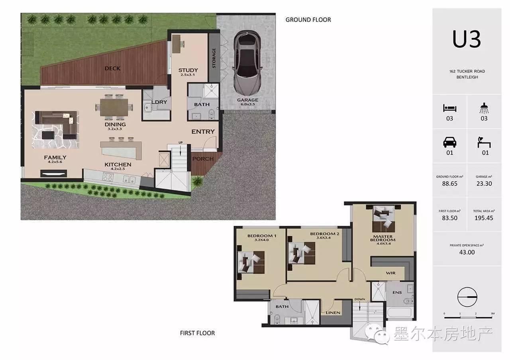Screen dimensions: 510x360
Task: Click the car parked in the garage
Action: tap(247, 63)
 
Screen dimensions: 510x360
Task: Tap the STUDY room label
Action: tap(188, 70)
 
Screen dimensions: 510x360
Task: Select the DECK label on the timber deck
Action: tap(112, 68)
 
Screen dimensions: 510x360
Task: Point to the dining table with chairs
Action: tap(114, 107)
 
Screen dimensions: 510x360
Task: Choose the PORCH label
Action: tap(203, 159)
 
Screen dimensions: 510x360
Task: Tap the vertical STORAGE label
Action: tap(214, 58)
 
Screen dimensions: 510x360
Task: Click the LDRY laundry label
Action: tap(159, 102)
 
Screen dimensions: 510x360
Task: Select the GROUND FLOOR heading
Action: tap(308, 20)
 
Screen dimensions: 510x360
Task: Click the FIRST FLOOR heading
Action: tap(197, 333)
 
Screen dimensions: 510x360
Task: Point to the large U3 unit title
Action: tap(467, 39)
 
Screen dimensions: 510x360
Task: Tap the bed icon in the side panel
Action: tap(450, 108)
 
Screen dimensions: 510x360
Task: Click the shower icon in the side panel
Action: tap(484, 108)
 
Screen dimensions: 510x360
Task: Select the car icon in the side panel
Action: tap(450, 143)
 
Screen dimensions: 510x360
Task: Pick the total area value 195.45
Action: tap(484, 218)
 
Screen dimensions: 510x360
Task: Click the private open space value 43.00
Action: tap(467, 252)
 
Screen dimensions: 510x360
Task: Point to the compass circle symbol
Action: tap(467, 297)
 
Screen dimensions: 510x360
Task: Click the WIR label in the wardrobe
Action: tap(391, 273)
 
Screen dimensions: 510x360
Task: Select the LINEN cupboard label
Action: tap(333, 313)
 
